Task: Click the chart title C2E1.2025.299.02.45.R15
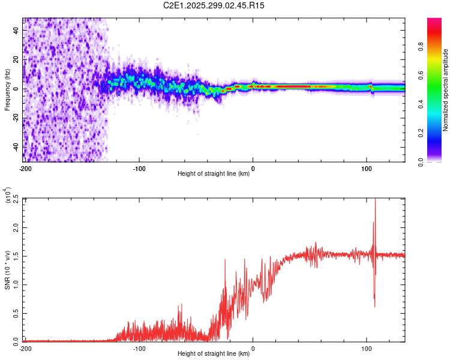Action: (214, 5)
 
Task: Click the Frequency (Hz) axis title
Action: (7, 90)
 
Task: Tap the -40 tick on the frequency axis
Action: (16, 147)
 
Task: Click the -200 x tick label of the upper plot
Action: (25, 169)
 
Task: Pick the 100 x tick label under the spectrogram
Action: (367, 169)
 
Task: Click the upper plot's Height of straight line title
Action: (214, 174)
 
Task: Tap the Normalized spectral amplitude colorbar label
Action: (446, 90)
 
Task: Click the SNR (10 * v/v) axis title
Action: (7, 269)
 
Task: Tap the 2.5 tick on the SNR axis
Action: (16, 199)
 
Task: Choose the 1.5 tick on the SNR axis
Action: (16, 256)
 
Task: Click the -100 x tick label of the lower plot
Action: (139, 348)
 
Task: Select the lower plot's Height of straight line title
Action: (214, 353)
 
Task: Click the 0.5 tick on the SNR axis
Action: (16, 313)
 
